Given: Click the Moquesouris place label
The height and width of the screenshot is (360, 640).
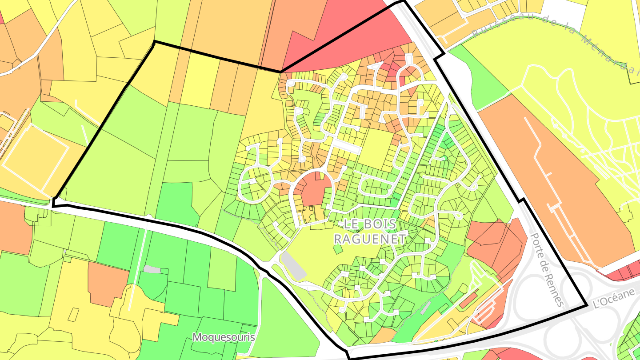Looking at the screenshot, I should [224, 337].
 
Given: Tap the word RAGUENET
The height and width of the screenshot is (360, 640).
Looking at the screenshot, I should [370, 239].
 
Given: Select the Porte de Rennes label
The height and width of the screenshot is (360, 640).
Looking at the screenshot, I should [547, 270].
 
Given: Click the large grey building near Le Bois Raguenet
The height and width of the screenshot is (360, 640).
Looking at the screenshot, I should [293, 266].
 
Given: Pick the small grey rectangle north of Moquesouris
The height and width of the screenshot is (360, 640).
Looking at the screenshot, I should [152, 269].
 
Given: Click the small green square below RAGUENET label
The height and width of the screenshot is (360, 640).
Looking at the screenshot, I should [338, 249].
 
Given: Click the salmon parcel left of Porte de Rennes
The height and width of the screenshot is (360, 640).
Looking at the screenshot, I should [493, 244].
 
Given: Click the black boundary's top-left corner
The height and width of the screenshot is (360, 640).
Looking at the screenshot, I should [154, 42].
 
